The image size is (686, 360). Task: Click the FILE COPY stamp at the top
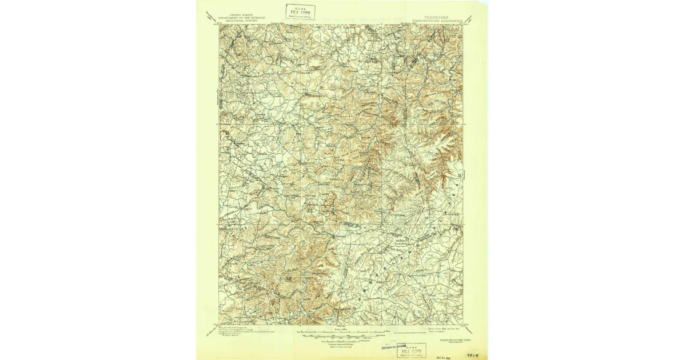(300, 11)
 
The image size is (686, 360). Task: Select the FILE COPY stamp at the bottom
(412, 350)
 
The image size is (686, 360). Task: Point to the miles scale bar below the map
(340, 331)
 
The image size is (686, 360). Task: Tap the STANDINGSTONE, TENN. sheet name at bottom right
(452, 339)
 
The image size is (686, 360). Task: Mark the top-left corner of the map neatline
(219, 25)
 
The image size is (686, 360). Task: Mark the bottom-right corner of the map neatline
(462, 325)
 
